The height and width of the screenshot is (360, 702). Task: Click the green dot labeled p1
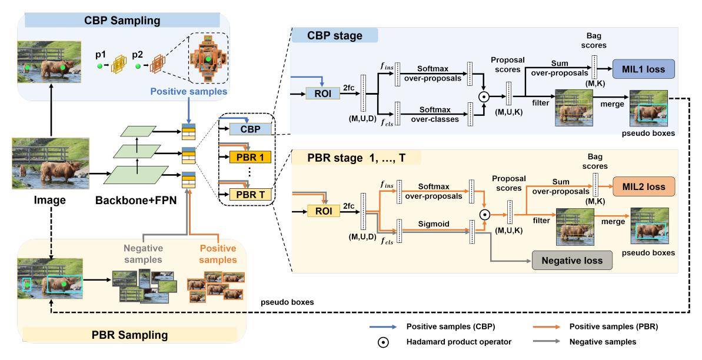click(99, 66)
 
